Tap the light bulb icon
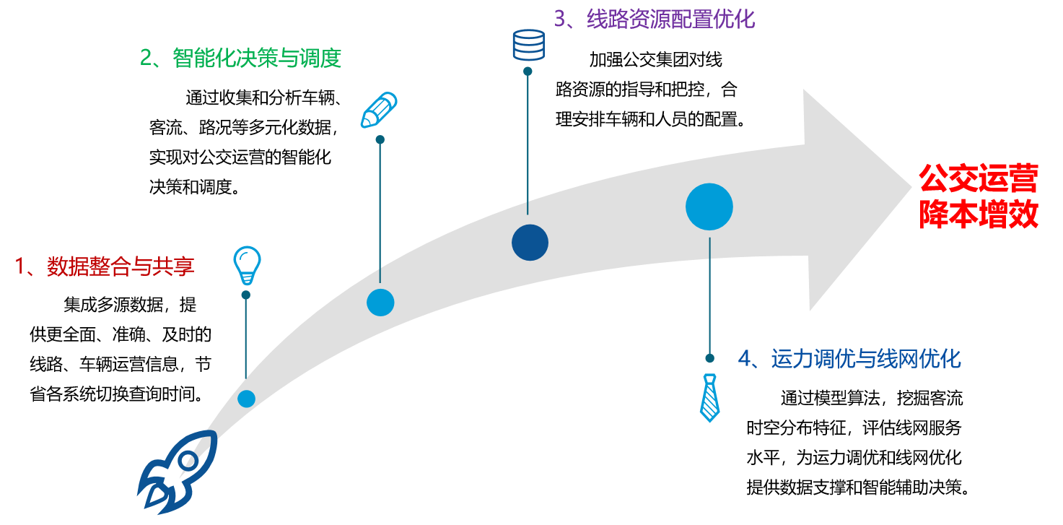[247, 264]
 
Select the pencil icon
[380, 110]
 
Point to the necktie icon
[710, 397]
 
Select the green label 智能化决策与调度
[240, 58]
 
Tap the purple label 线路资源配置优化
[655, 18]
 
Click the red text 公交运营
[979, 178]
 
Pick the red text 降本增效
[979, 214]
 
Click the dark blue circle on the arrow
[530, 243]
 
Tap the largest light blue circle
[709, 207]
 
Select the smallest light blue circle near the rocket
[247, 399]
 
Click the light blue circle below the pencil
[380, 302]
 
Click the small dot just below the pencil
[380, 139]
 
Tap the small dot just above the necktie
[710, 358]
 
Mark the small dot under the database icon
[528, 71]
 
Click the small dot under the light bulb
[246, 295]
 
